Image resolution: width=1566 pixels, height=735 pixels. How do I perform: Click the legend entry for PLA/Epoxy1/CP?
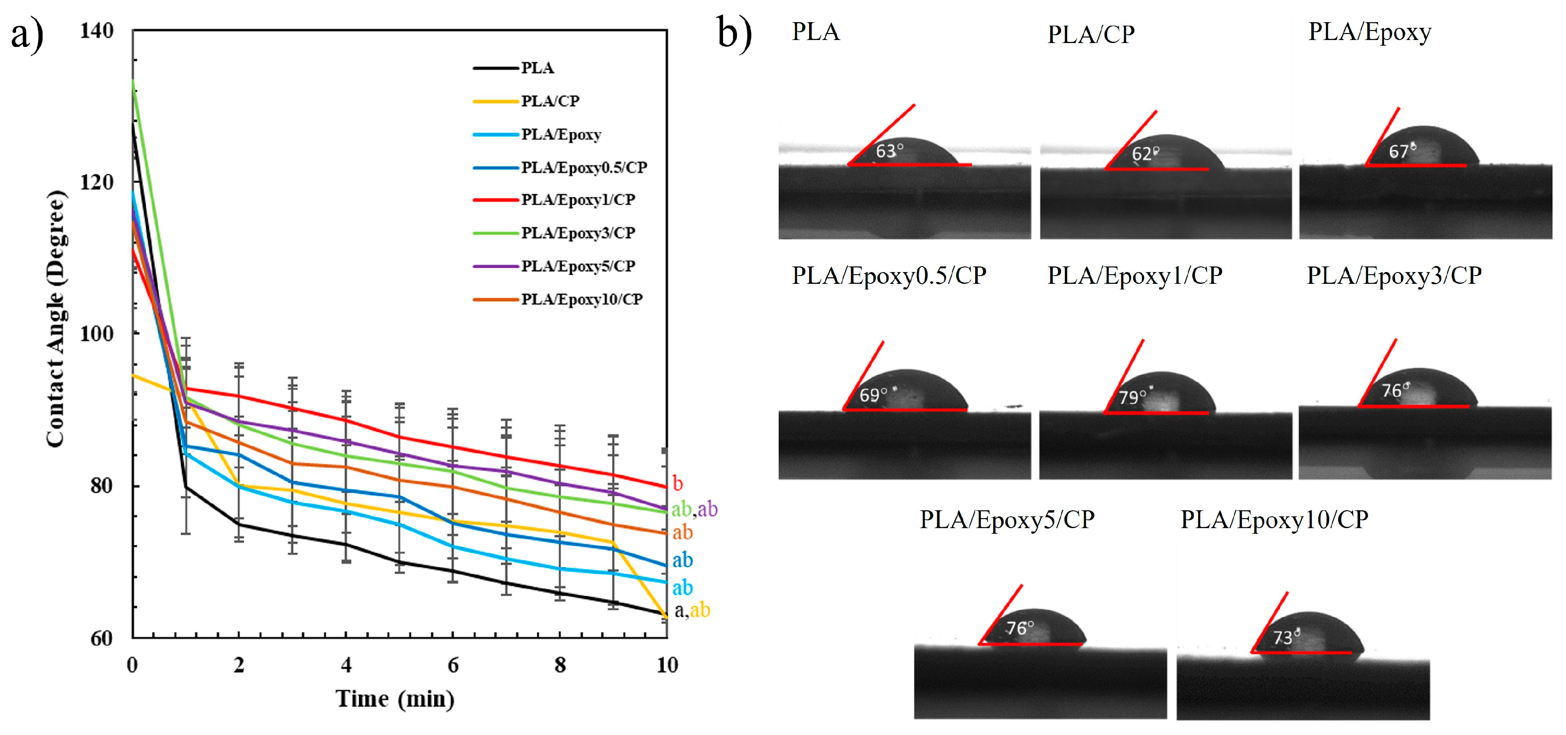577,200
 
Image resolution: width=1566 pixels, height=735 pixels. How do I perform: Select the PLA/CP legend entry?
550,101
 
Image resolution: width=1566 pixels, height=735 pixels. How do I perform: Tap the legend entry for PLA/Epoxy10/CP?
581,299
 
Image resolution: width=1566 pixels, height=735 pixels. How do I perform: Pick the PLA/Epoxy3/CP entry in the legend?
577,233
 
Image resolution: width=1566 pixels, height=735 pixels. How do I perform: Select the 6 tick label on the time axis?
453,665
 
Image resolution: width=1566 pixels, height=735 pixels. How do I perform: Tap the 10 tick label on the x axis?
667,665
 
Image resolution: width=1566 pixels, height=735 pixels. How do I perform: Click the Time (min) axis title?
395,699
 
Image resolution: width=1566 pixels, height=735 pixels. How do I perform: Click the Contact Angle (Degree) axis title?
56,319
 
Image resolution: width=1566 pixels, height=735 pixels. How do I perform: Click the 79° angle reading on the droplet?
1132,397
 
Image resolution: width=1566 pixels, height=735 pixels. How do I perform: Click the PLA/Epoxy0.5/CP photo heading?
889,276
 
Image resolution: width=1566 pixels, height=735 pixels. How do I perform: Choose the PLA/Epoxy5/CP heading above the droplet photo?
1007,520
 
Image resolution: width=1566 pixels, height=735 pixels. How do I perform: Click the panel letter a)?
27,35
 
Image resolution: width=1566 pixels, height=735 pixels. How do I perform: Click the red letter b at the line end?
678,484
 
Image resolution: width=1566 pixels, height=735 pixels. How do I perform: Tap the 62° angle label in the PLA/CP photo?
1145,153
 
